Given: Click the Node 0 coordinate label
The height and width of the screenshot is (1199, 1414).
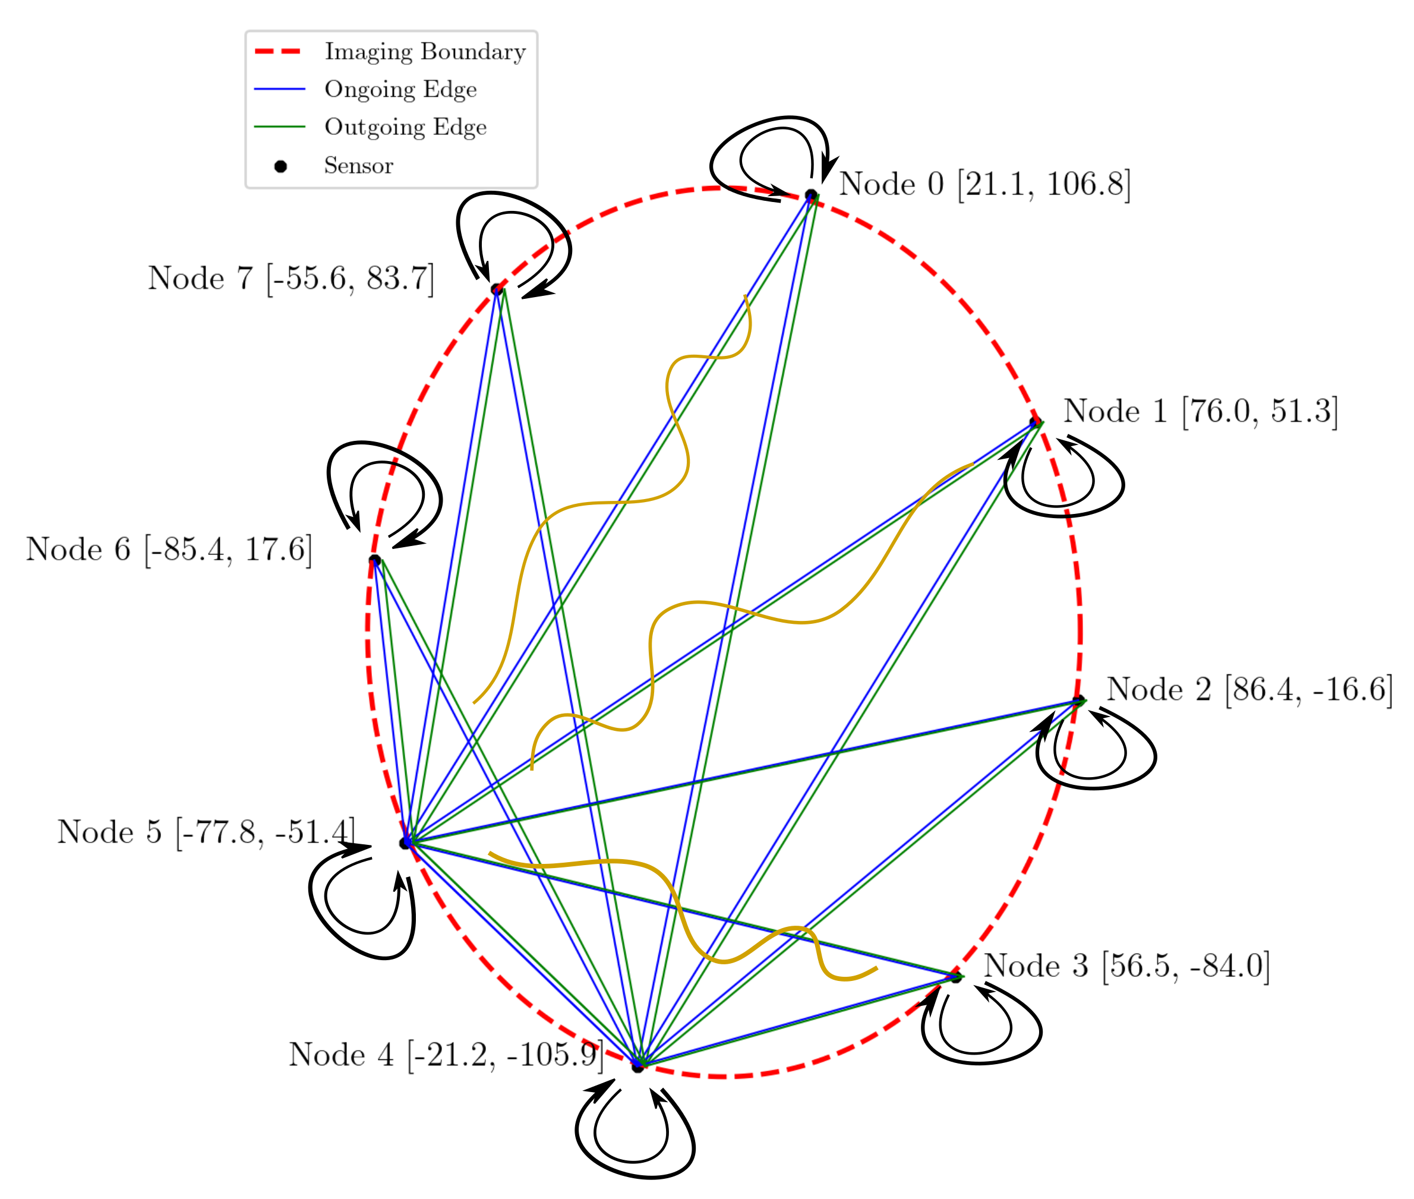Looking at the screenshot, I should pyautogui.click(x=984, y=184).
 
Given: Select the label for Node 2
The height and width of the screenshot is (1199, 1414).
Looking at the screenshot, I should pyautogui.click(x=1249, y=689).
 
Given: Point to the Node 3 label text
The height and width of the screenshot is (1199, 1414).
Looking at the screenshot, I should pyautogui.click(x=1126, y=966).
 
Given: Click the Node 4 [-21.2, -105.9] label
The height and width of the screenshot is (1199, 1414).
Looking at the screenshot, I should pyautogui.click(x=446, y=1055).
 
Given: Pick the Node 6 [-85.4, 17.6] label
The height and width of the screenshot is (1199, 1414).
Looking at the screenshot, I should pyautogui.click(x=169, y=549).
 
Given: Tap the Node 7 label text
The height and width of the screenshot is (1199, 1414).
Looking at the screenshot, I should pyautogui.click(x=291, y=278).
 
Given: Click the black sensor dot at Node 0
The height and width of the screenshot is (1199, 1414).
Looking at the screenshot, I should pyautogui.click(x=810, y=195).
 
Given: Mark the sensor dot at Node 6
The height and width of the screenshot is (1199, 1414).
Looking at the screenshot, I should pyautogui.click(x=374, y=560).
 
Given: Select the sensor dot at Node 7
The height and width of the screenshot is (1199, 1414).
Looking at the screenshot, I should pyautogui.click(x=497, y=289).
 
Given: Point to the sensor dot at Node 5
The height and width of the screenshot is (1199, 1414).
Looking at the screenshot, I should pyautogui.click(x=405, y=843).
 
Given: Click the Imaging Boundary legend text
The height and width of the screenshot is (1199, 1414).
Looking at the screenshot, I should pyautogui.click(x=425, y=52).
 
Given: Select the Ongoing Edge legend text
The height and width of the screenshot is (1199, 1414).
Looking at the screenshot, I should pyautogui.click(x=400, y=89).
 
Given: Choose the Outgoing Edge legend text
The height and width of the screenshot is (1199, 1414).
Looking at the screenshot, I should pyautogui.click(x=405, y=127).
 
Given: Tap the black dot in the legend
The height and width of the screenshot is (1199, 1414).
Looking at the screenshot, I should pyautogui.click(x=280, y=166).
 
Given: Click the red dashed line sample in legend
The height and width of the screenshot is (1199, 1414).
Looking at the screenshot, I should pyautogui.click(x=279, y=52).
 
